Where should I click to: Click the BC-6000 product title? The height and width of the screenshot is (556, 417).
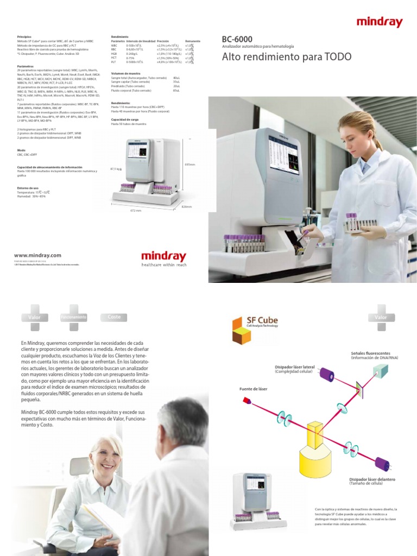(237, 39)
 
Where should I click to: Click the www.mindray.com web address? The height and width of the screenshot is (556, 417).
(37, 255)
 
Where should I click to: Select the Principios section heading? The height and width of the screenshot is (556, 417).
(24, 36)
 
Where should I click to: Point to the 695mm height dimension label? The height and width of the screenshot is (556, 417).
(189, 165)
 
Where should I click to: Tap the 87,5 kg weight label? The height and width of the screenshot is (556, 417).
(116, 169)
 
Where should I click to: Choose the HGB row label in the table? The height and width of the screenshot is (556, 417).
(114, 54)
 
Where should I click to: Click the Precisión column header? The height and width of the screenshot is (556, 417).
(163, 41)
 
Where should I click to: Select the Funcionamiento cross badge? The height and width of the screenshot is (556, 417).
(74, 317)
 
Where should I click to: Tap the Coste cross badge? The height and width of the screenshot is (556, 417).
(114, 317)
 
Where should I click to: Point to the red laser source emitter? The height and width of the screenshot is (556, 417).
(247, 401)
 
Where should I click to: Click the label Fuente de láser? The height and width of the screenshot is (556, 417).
(253, 389)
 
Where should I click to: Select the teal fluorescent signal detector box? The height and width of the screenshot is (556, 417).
(381, 371)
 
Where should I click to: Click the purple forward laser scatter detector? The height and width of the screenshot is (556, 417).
(383, 465)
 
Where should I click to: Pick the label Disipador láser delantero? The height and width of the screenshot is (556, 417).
(372, 480)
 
